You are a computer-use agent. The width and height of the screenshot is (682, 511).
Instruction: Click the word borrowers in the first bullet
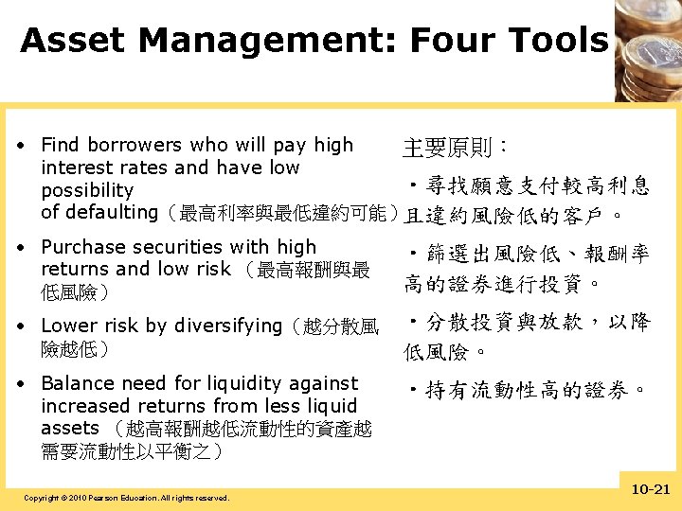[134, 146]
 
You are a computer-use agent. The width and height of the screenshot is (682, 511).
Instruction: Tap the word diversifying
[226, 326]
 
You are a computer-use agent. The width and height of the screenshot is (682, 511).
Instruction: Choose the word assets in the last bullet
[69, 428]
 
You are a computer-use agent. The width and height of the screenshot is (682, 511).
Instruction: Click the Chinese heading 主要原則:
[456, 149]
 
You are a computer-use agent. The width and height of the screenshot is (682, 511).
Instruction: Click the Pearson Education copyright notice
[126, 497]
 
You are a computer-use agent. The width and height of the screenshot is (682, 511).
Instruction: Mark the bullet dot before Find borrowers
[21, 147]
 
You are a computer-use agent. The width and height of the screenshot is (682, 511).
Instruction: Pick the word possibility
[87, 190]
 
